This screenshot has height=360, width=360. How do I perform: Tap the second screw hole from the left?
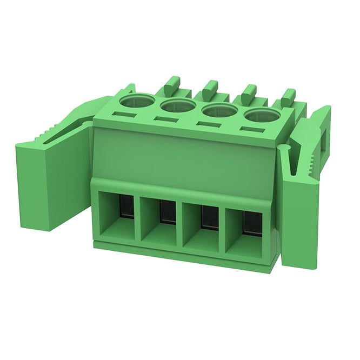[178, 105]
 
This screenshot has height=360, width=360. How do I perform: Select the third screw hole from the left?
[219, 110]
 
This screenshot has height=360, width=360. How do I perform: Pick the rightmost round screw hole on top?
[262, 115]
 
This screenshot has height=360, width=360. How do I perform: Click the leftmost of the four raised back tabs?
[171, 84]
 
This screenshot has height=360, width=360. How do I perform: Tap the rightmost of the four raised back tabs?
[288, 96]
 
